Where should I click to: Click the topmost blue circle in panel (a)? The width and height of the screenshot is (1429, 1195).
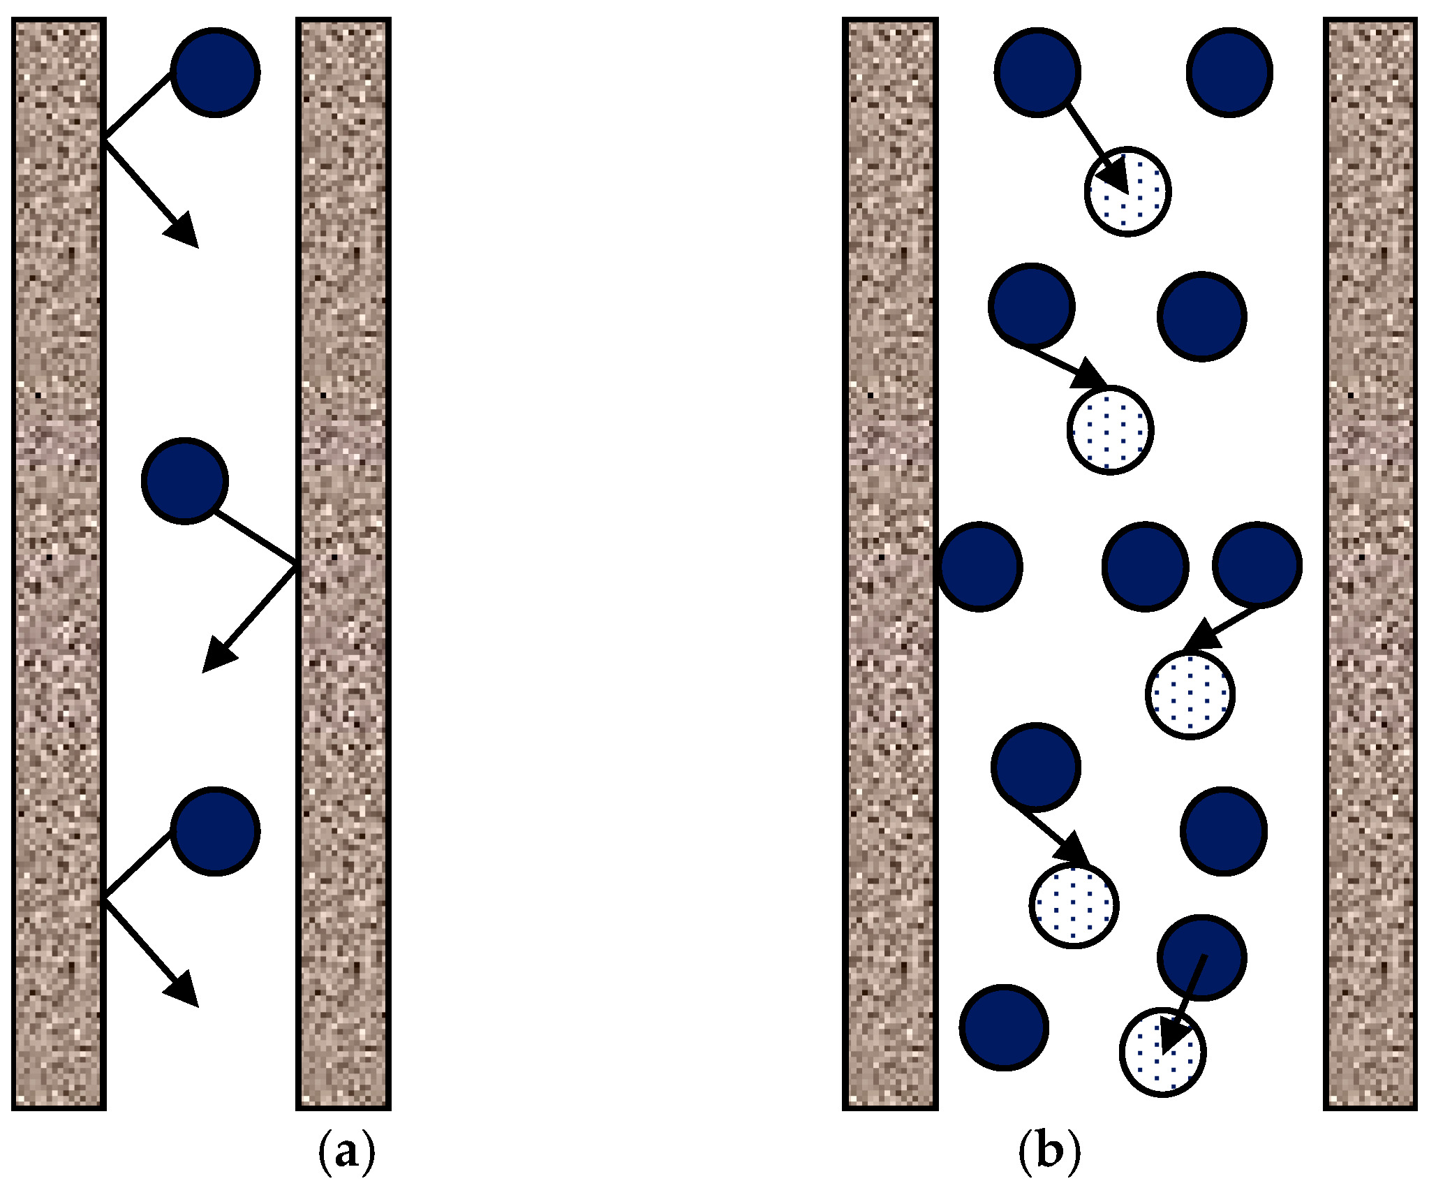[216, 72]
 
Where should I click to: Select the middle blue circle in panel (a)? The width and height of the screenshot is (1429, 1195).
[185, 481]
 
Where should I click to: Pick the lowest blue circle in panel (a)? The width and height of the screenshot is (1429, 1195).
[216, 831]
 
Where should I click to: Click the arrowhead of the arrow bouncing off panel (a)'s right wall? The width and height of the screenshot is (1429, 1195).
[216, 657]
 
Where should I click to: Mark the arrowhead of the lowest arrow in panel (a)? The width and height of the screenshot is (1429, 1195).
[185, 992]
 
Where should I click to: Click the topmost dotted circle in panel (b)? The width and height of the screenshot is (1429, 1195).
[1128, 192]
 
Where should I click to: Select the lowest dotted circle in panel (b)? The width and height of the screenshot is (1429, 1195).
[1163, 1052]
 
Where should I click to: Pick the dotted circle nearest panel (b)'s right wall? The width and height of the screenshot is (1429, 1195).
[1190, 694]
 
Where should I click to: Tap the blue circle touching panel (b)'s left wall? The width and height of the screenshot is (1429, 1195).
[979, 566]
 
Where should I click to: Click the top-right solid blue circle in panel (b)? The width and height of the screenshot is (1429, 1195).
[1229, 72]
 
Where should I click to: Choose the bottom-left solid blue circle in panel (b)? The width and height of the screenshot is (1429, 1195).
[1004, 1027]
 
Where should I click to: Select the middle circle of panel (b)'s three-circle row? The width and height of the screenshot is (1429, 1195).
[1145, 566]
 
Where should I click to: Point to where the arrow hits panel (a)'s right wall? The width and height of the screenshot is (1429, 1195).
[296, 564]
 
